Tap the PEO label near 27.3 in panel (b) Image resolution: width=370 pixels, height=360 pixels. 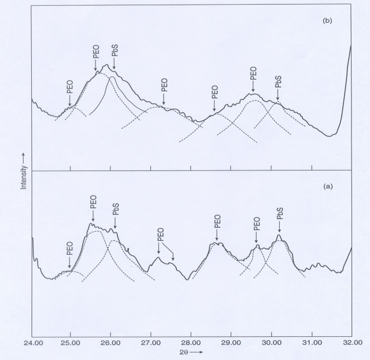(x=164, y=85)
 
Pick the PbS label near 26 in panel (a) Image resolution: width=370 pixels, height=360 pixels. (x=116, y=209)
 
